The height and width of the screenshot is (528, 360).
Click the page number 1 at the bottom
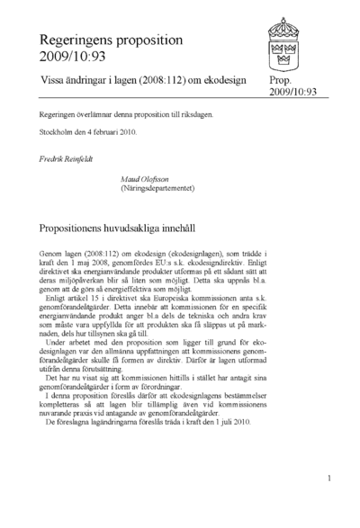click(330, 479)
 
